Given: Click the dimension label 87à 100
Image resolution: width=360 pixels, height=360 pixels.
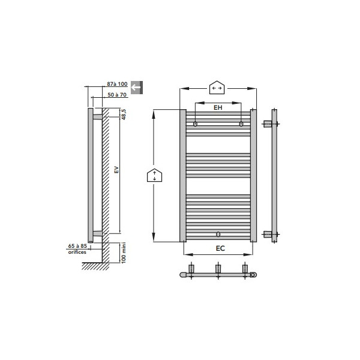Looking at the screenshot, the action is (117, 84).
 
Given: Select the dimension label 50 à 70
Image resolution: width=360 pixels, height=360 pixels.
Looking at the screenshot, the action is (117, 95).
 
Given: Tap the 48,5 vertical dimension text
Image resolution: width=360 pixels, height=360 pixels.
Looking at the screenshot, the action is (124, 115).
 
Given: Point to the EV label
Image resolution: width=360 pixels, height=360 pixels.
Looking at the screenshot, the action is (116, 170).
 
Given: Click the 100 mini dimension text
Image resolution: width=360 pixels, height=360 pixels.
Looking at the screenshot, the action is (124, 253).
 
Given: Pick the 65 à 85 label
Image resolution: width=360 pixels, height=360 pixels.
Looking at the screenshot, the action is (77, 246).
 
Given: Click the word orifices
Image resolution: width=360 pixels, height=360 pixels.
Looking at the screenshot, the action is (77, 252).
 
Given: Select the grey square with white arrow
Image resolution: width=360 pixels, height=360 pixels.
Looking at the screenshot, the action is (137, 88).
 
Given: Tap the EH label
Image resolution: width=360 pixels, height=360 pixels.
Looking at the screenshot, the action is (218, 107).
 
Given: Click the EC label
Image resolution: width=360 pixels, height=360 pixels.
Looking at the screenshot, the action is (220, 248).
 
